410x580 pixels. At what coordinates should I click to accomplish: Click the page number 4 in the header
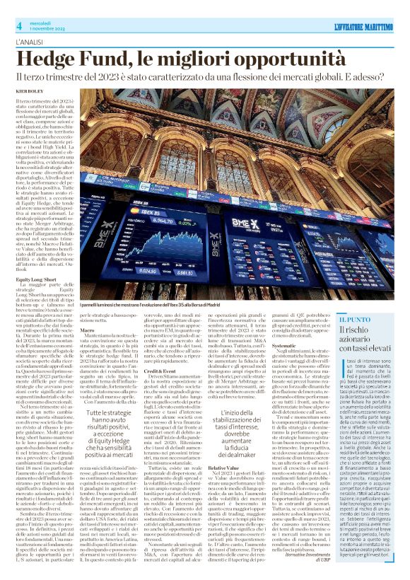point(18,26)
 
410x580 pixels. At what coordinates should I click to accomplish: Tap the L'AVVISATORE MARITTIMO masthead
point(363,27)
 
